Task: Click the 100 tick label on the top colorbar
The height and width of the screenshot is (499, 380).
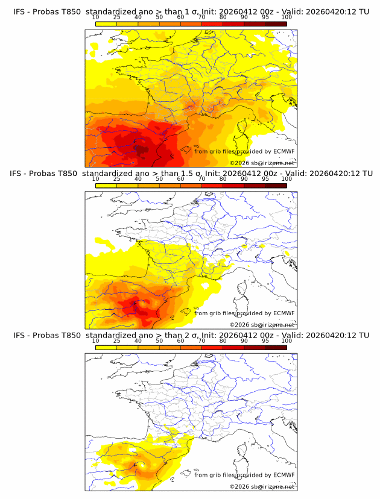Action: click(287, 17)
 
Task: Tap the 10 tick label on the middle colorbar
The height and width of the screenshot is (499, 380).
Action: click(95, 179)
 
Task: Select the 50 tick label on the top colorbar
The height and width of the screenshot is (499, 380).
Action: click(159, 17)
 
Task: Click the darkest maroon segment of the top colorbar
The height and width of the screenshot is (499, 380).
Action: click(276, 24)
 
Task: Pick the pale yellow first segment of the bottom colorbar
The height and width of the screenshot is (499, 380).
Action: click(106, 347)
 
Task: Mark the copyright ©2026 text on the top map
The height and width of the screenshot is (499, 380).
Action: click(239, 163)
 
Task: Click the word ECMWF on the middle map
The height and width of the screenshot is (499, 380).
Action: click(284, 313)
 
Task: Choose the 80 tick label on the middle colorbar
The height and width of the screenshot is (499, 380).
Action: click(223, 179)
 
